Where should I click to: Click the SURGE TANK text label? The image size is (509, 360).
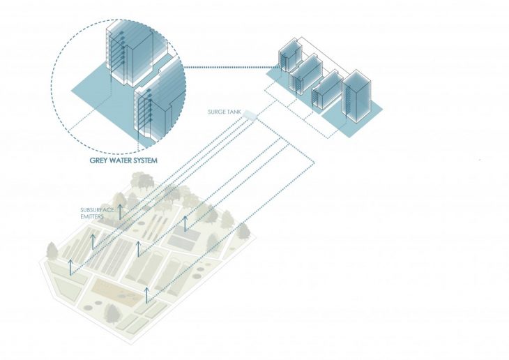pos(225,112)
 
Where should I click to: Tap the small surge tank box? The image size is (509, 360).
pos(250,114)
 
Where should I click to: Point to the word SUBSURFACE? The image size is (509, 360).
pos(98,210)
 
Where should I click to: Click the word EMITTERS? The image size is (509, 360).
pos(92,216)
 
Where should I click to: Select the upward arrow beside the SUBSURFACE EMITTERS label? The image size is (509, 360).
pos(120,212)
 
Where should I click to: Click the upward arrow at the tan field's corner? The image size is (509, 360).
pos(147,295)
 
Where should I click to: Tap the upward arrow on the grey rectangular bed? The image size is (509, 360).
pos(185,223)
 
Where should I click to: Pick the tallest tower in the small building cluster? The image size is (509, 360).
pos(356,96)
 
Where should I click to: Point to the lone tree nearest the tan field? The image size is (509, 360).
pos(112,313)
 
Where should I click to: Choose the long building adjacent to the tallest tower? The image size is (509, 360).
pos(327,89)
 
